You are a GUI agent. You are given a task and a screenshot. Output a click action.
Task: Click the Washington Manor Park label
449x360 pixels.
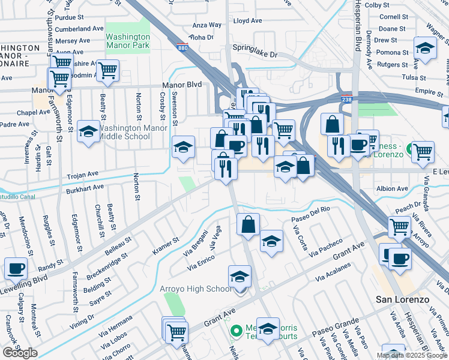(x=127, y=40)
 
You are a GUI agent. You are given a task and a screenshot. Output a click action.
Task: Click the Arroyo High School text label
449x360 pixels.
(x=196, y=289)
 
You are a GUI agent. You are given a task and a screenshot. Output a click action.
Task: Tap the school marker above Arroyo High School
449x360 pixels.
(x=240, y=277)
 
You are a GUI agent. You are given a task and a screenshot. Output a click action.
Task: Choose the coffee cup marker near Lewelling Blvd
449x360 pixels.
(x=16, y=268)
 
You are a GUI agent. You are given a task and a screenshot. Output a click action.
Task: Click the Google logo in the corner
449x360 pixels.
(x=20, y=353)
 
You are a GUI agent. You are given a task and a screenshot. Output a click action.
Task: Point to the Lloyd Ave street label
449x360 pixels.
(x=248, y=20)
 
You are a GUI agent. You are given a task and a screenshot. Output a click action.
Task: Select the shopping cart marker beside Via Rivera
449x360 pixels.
(x=399, y=227)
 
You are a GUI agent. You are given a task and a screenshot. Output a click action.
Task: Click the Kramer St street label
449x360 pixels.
(x=166, y=246)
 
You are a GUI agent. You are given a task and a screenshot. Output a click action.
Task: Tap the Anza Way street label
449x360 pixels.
(x=206, y=26)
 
